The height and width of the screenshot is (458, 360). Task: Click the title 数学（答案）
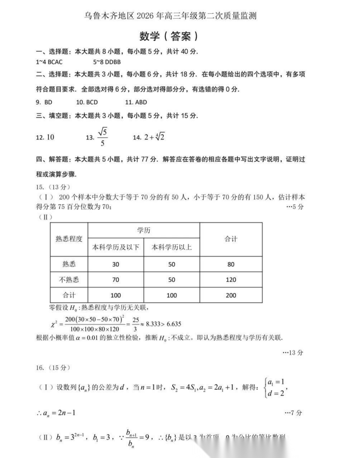[169, 36]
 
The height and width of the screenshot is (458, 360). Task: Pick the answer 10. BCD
[87, 102]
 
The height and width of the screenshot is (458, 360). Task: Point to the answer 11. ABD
[135, 102]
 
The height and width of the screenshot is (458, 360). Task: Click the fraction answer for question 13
[103, 137]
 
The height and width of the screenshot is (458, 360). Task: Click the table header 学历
[144, 230]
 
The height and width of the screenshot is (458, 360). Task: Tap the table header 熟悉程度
[69, 238]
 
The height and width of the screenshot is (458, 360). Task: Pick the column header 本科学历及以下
[116, 248]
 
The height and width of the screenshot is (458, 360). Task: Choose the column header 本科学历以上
[172, 248]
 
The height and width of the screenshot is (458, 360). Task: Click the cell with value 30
[116, 264]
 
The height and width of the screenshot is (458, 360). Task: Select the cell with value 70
[116, 280]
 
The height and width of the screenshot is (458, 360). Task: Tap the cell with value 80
[231, 264]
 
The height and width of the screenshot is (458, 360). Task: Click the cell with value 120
[231, 280]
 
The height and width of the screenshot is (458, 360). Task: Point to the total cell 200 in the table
[231, 295]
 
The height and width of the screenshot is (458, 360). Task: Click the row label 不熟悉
[69, 280]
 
